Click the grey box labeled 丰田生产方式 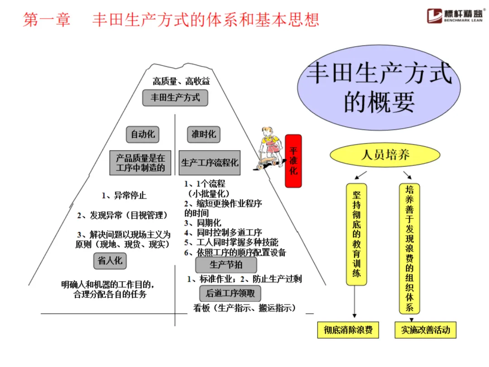(x=175, y=98)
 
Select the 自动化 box (x=143, y=134)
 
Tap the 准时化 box (x=203, y=134)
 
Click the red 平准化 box (x=293, y=161)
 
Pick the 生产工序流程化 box (x=210, y=163)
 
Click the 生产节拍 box (x=225, y=265)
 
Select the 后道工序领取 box (x=230, y=293)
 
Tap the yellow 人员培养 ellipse (x=385, y=155)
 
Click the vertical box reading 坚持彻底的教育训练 (x=356, y=234)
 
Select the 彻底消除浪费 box (x=348, y=330)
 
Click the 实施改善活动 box (x=425, y=330)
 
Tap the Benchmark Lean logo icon (x=436, y=17)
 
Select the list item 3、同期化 (x=202, y=222)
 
